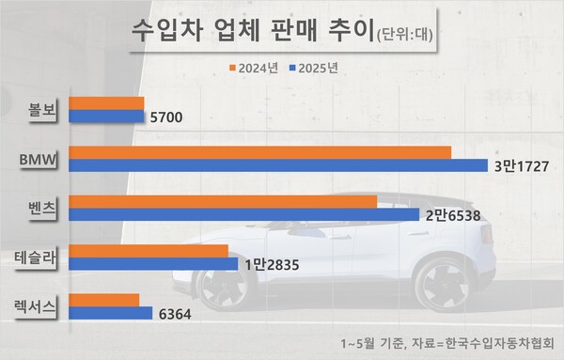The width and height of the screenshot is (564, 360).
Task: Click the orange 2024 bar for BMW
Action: [259, 152]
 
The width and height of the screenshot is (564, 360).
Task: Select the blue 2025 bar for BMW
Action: [278, 165]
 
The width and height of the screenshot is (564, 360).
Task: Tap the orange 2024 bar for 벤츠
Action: [223, 201]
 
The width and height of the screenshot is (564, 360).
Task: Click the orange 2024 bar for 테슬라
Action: [149, 251]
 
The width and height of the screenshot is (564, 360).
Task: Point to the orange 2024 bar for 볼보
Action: [106, 103]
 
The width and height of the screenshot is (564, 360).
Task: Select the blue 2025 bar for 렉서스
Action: [111, 313]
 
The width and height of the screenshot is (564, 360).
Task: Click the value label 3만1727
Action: [523, 166]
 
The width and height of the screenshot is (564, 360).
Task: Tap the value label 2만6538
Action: [454, 215]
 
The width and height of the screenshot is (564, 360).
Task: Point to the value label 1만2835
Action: [272, 265]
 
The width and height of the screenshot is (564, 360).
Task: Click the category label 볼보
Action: [43, 110]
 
